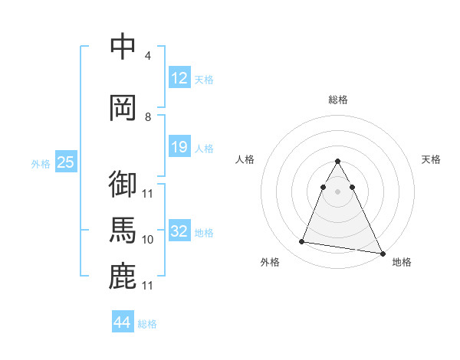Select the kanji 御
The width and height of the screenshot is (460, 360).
[123, 184]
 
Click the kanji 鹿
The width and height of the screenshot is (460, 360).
[123, 277]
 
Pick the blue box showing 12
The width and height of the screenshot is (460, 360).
[179, 77]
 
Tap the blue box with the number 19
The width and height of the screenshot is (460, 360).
[179, 147]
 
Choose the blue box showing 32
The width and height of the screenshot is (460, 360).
[179, 231]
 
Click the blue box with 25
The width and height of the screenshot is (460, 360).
[65, 162]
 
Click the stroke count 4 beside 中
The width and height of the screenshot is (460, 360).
[148, 56]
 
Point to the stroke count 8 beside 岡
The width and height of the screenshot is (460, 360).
[148, 117]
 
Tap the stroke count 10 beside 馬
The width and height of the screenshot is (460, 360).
[148, 240]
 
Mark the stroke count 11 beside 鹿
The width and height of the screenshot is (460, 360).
[148, 286]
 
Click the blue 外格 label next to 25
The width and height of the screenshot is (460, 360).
[41, 163]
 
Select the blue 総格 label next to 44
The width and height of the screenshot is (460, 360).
[147, 324]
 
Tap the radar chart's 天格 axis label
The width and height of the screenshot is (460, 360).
[431, 159]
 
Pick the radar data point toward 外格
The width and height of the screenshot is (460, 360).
[301, 242]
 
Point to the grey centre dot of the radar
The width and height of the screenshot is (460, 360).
[337, 191]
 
